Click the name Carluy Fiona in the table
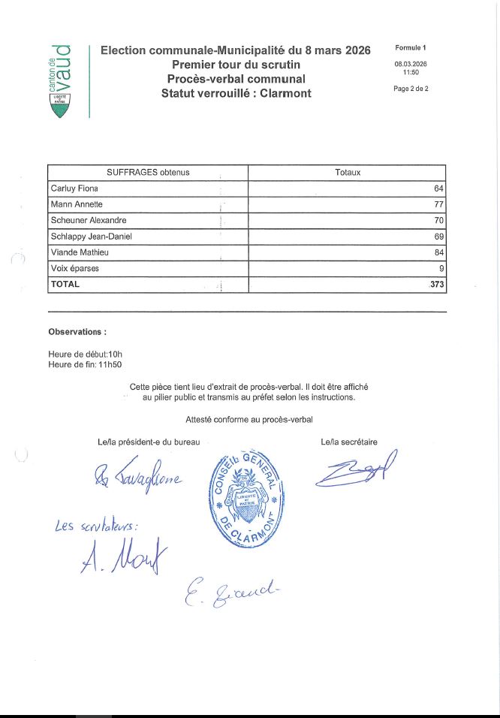[74, 189]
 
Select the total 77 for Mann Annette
[438, 204]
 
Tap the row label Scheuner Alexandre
[88, 221]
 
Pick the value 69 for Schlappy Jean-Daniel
[438, 237]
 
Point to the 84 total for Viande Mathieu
[438, 252]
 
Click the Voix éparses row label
[74, 268]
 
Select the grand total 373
[437, 285]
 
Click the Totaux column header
[347, 173]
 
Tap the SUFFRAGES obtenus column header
[148, 173]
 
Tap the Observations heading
[77, 331]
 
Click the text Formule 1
[411, 48]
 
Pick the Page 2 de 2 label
[411, 88]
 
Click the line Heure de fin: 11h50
[85, 364]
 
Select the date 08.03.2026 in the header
[411, 64]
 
